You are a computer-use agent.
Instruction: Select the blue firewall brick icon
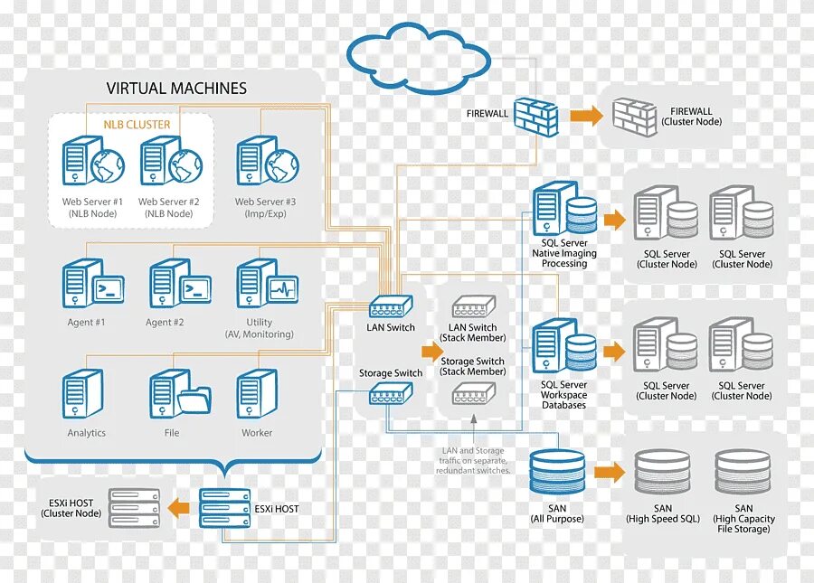(536, 116)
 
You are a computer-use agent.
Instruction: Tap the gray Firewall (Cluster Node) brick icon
(634, 118)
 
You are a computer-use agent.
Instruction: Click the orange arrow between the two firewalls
(586, 116)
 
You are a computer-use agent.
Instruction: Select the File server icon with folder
(179, 394)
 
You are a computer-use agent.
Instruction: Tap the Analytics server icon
(83, 394)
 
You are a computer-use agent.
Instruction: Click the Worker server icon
(257, 394)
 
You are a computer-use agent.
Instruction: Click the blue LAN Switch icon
(391, 307)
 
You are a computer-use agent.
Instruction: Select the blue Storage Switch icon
(391, 392)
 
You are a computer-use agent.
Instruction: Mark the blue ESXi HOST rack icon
(225, 508)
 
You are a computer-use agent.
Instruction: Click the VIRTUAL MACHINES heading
(176, 89)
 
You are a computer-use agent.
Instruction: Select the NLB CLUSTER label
(137, 124)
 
